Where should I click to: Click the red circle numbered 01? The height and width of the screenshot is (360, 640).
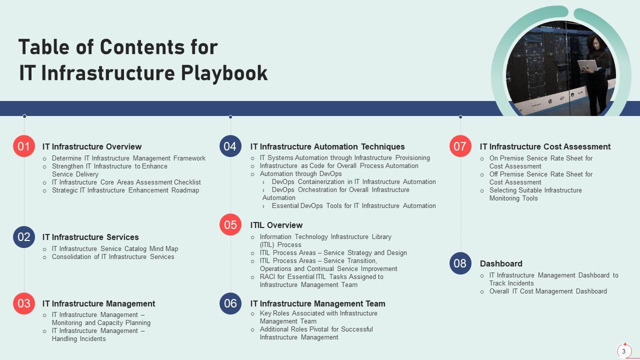tap(24, 146)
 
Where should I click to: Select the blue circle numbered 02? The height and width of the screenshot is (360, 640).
tap(24, 237)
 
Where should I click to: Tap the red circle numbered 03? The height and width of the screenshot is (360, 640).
tap(24, 303)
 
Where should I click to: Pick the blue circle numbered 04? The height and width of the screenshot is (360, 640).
tap(230, 146)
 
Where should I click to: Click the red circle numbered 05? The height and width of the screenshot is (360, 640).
tap(230, 225)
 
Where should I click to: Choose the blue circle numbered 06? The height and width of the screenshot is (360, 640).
tap(230, 303)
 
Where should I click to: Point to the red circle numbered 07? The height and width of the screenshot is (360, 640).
tap(460, 146)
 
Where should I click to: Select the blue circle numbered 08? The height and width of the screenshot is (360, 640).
tap(460, 263)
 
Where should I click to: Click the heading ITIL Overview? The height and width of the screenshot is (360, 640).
tap(276, 225)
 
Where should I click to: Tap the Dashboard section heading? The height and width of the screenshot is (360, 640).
tap(501, 263)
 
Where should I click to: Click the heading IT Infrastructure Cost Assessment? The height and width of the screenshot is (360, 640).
tap(545, 146)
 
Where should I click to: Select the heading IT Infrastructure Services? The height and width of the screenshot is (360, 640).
tap(90, 237)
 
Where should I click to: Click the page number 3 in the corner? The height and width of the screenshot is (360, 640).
tap(623, 351)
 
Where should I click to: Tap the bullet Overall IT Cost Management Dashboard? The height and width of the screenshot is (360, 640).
tap(548, 291)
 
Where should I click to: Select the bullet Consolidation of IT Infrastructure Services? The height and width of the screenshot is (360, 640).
tap(113, 256)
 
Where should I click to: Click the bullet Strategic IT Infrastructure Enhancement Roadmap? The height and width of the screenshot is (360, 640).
tap(125, 190)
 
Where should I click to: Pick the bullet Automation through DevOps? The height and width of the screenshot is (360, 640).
tap(300, 173)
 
